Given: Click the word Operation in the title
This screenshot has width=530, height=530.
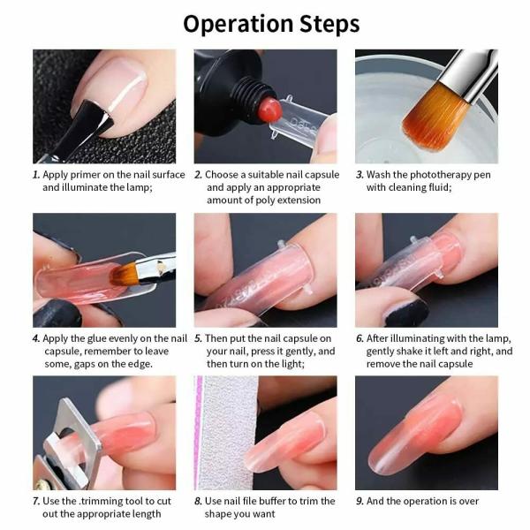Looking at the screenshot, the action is (238, 25).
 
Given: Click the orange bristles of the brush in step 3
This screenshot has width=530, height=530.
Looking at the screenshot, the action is (435, 117).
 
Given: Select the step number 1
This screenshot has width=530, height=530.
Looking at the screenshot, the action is (36, 175).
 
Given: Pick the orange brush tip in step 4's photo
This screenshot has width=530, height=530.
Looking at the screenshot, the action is (124, 274).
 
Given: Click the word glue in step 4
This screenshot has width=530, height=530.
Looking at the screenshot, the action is (96, 338).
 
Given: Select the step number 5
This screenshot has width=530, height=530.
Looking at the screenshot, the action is (198, 339).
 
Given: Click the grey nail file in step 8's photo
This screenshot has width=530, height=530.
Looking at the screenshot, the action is (226, 433).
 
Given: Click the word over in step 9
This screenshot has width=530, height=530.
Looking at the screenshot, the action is (467, 501).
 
